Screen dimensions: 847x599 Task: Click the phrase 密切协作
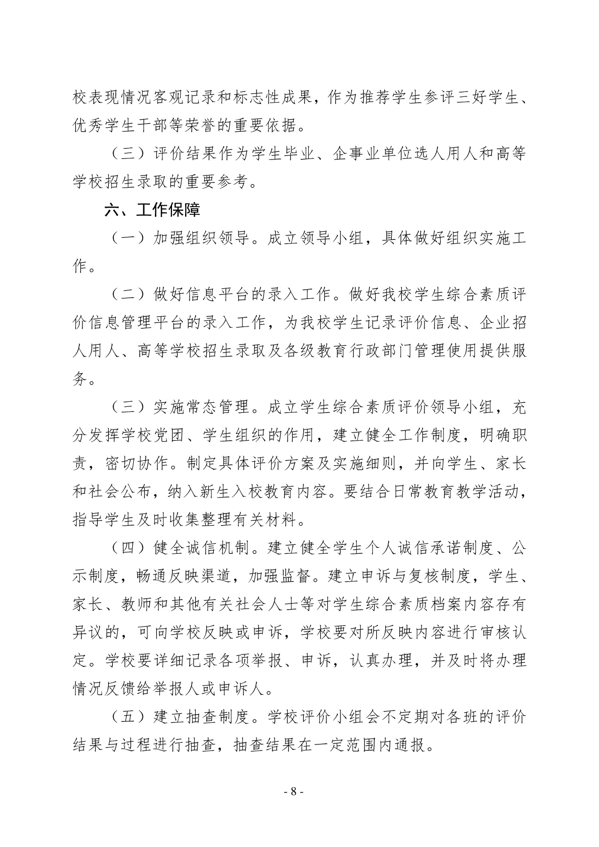click(x=138, y=463)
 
